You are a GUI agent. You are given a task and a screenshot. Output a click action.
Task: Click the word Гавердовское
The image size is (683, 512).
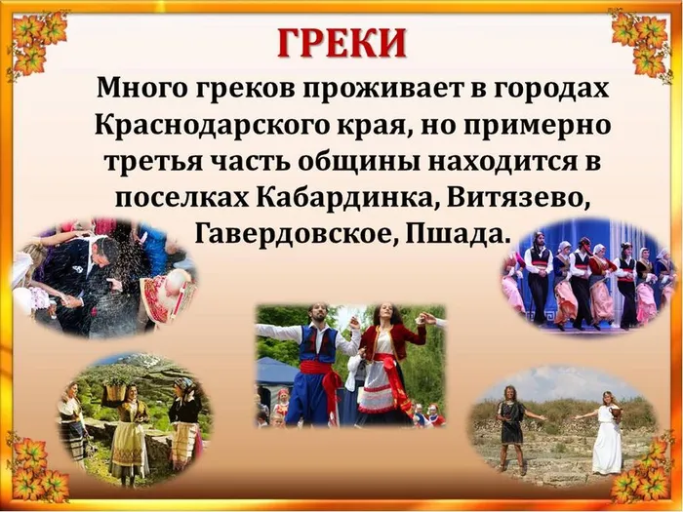click(297, 234)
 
